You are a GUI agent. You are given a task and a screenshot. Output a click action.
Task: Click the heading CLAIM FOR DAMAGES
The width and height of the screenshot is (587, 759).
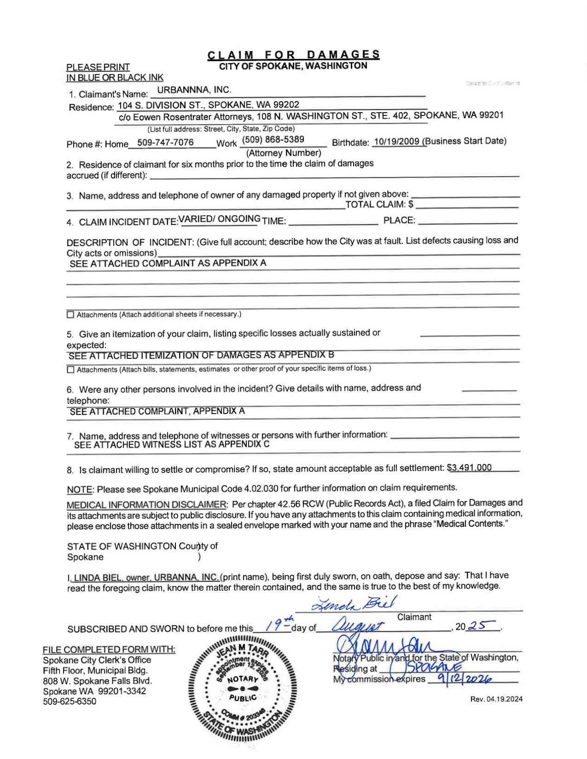pos(293,55)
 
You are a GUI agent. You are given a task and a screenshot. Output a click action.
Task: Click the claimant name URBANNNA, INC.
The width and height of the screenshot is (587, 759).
pos(194,90)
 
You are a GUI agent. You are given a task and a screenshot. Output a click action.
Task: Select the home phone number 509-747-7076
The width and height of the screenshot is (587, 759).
pos(165,142)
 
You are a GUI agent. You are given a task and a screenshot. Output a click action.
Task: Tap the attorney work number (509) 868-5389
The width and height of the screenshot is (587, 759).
pos(273,140)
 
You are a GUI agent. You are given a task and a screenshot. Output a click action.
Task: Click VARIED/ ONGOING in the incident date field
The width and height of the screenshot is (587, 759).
pos(219,219)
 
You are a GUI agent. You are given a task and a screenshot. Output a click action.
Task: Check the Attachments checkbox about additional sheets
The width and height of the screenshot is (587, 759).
pos(71,315)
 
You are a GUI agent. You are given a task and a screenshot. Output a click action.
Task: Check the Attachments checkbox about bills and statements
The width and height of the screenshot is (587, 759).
pos(71,370)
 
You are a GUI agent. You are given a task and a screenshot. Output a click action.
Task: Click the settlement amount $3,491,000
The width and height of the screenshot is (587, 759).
pos(469,467)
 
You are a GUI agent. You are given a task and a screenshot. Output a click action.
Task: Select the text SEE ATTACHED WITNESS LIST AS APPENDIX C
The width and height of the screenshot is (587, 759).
pos(172,444)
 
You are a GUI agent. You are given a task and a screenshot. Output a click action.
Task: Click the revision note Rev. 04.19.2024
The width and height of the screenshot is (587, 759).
pos(496,699)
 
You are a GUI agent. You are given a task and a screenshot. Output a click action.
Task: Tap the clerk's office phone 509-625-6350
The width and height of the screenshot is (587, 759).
pos(70,701)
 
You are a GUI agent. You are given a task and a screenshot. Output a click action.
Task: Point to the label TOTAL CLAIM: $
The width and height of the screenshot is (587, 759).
pos(379,204)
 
